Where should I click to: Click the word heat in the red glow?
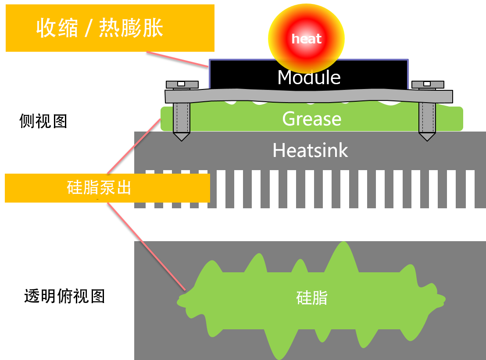(307, 39)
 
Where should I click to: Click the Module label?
(309, 78)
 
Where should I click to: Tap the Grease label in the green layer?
(311, 119)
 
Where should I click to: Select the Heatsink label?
(310, 150)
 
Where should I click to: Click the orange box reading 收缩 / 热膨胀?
(110, 29)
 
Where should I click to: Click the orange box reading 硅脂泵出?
(107, 188)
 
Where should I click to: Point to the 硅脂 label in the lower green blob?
(311, 298)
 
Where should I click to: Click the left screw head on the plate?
(182, 84)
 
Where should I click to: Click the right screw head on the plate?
(427, 84)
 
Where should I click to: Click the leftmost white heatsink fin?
(150, 193)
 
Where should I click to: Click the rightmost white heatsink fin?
(470, 193)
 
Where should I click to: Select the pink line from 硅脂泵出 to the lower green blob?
(147, 246)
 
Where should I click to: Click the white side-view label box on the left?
(49, 118)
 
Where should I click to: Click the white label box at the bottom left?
(67, 296)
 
